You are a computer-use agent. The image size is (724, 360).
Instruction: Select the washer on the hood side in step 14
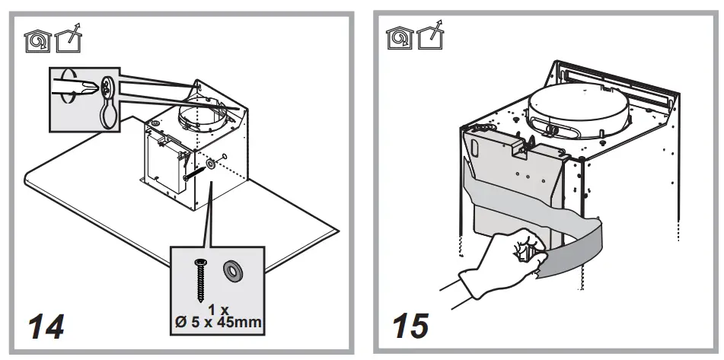point(209,163)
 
